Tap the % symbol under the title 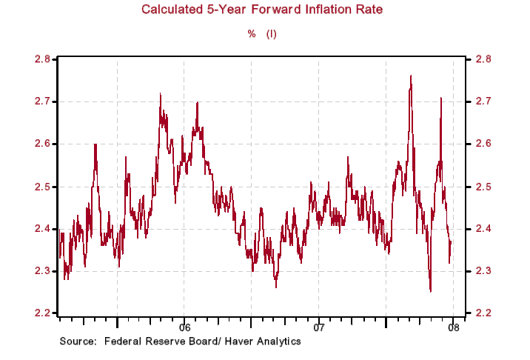[x=251, y=34]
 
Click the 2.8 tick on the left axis [x=43, y=59]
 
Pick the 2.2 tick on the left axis [x=43, y=313]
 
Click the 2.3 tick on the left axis [x=43, y=271]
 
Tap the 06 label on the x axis [x=184, y=327]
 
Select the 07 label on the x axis [x=319, y=327]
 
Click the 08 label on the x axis [x=453, y=327]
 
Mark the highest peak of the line [x=411, y=76]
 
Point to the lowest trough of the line [x=430, y=291]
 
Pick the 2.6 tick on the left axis [x=43, y=144]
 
